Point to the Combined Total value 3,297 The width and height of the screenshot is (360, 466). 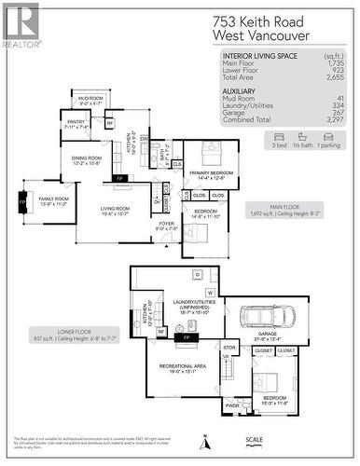tap(332, 121)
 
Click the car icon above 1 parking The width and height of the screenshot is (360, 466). tap(328, 136)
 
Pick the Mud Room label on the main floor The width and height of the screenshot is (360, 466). tap(90, 101)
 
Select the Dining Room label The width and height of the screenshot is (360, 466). tap(87, 160)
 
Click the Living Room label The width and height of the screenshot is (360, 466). tap(115, 211)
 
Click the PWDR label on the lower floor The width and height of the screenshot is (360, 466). tap(232, 405)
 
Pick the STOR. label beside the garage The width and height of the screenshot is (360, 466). tap(230, 348)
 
